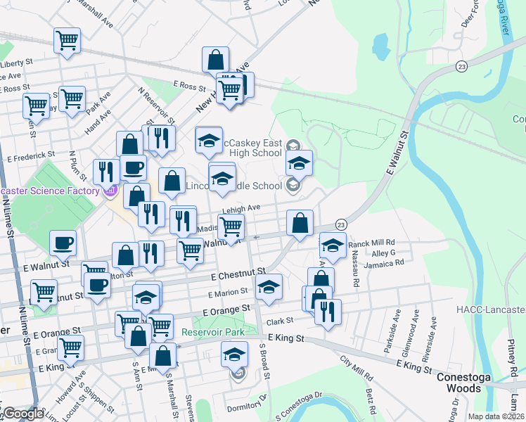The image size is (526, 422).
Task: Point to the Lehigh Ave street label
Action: pyautogui.click(x=243, y=208)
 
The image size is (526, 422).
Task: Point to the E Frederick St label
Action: pyautogui.click(x=31, y=154)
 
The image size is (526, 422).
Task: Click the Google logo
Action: pyautogui.click(x=23, y=414)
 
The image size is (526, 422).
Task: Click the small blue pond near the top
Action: pyautogui.click(x=380, y=46)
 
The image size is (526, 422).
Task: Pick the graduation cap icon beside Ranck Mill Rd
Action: pyautogui.click(x=333, y=245)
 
